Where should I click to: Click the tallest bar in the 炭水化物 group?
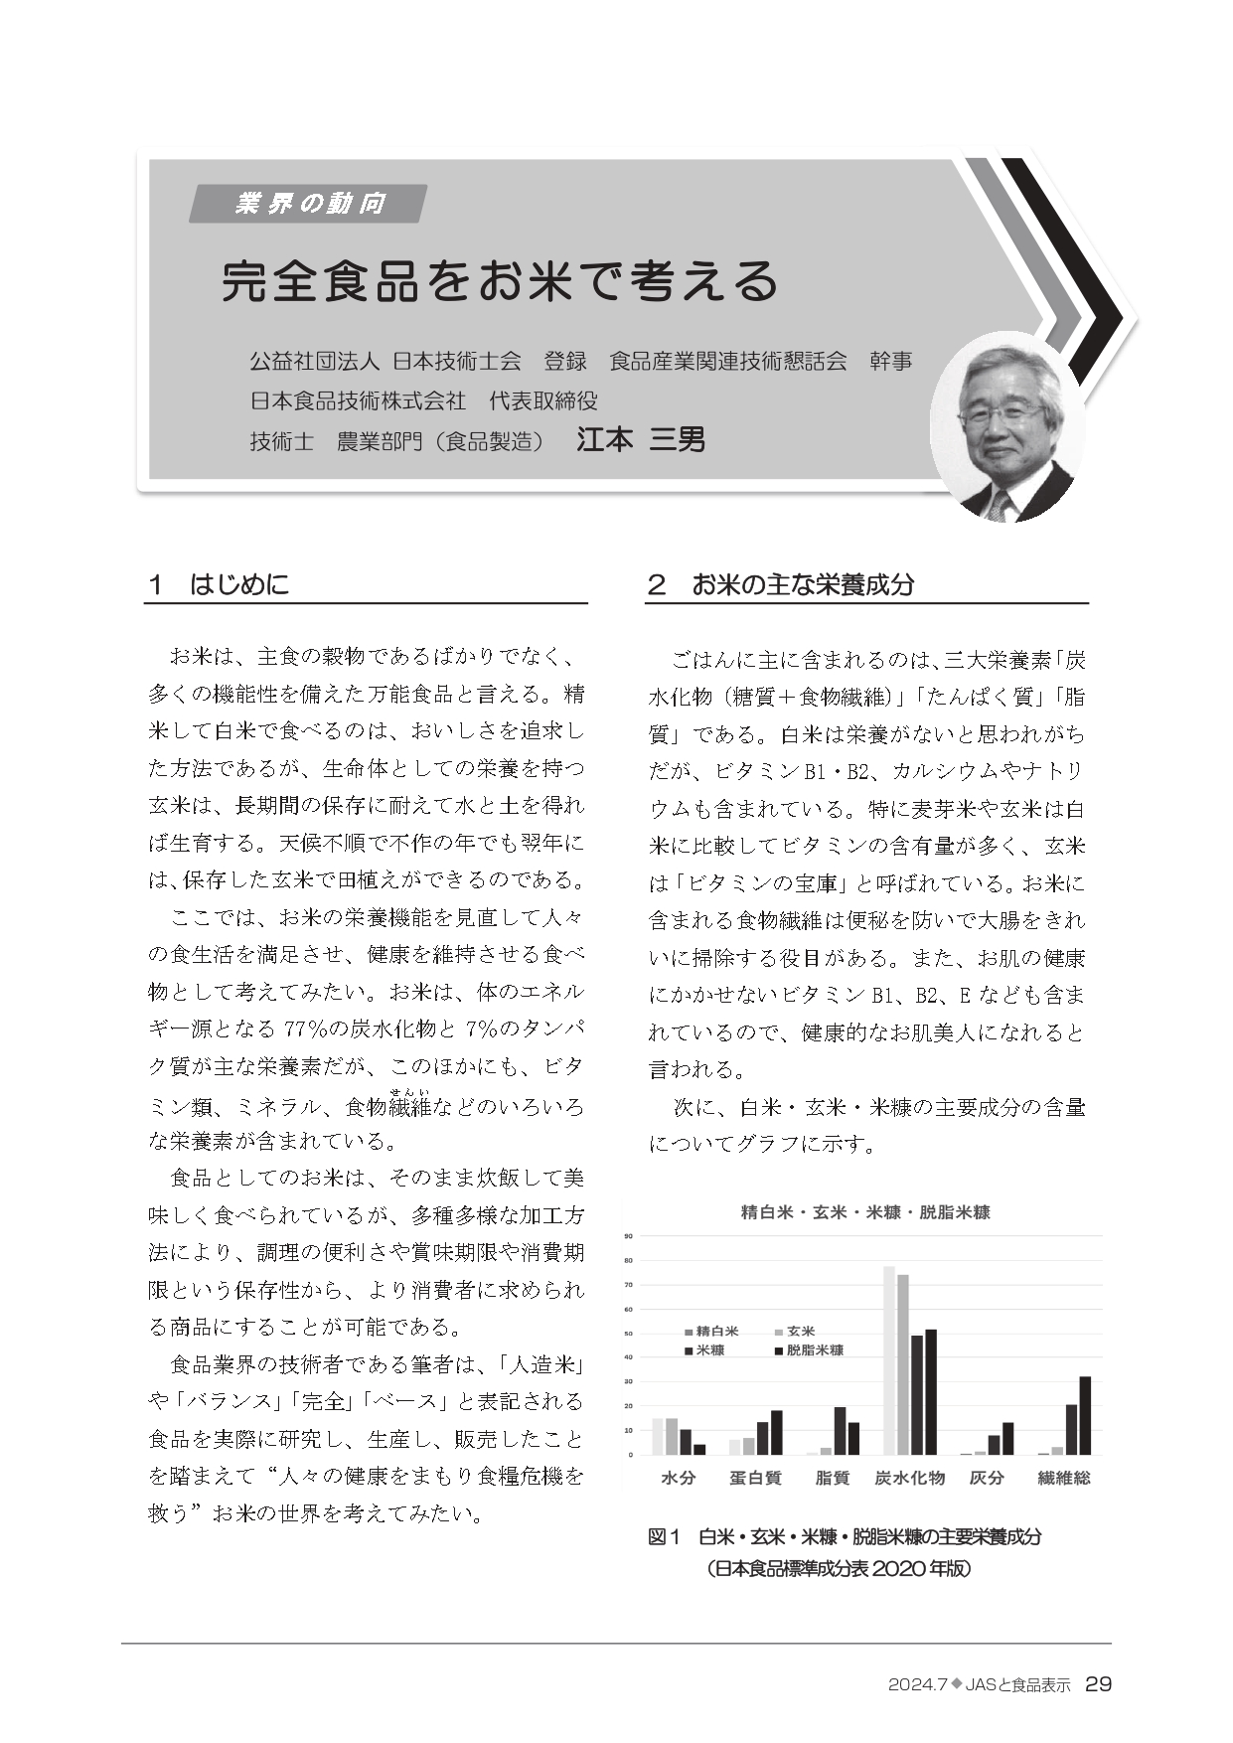(x=889, y=1360)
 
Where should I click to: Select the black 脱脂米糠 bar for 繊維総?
(x=1085, y=1415)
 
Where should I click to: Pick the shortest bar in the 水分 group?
(x=699, y=1449)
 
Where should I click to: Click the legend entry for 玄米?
(x=795, y=1331)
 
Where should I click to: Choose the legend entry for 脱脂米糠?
(x=809, y=1350)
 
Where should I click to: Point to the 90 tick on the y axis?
(x=628, y=1236)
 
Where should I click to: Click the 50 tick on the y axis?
(x=628, y=1334)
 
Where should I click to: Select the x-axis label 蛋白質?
(x=755, y=1478)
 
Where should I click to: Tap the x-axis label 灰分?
(x=987, y=1478)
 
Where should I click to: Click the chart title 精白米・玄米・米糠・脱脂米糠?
(x=865, y=1212)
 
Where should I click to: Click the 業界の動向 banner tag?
(x=309, y=204)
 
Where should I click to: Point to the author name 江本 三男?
(x=641, y=439)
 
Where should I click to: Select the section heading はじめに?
(x=239, y=584)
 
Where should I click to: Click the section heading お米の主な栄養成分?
(x=802, y=584)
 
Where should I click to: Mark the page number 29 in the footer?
(x=1098, y=1684)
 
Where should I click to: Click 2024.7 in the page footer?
(x=918, y=1685)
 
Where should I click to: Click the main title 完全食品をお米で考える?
(x=500, y=281)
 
